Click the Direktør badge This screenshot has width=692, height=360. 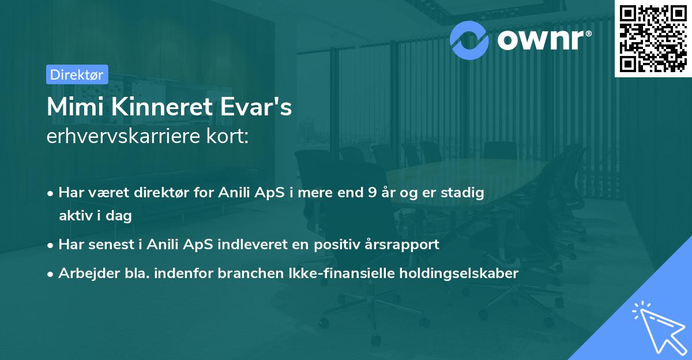pos(77,74)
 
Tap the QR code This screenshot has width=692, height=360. pos(653,39)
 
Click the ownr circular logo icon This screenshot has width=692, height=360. pos(469,40)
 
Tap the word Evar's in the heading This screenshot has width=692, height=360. pos(260,107)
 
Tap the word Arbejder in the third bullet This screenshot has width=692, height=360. pos(84,273)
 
